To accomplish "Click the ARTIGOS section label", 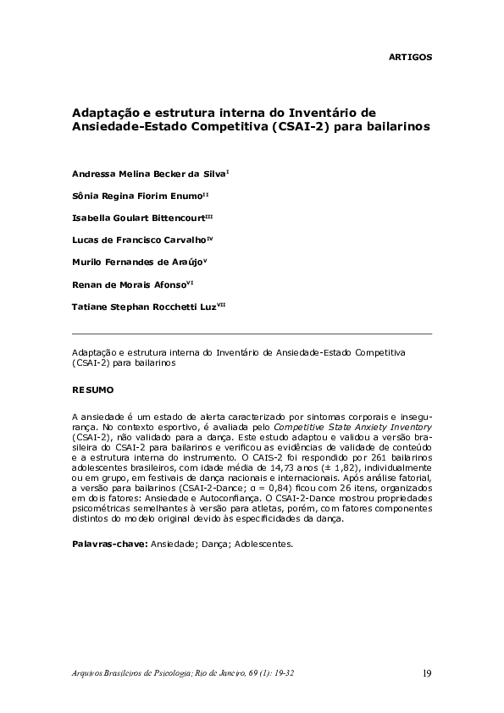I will (x=410, y=57).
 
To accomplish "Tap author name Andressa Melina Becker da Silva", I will (x=149, y=173).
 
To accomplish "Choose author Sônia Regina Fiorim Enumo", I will (x=136, y=195).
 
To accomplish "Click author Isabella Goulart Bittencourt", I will (x=140, y=217).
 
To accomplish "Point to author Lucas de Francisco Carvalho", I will (x=139, y=239).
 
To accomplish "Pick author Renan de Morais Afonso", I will (x=136, y=283).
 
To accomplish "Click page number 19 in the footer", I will (x=427, y=674).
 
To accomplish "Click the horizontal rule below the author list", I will (x=252, y=334).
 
